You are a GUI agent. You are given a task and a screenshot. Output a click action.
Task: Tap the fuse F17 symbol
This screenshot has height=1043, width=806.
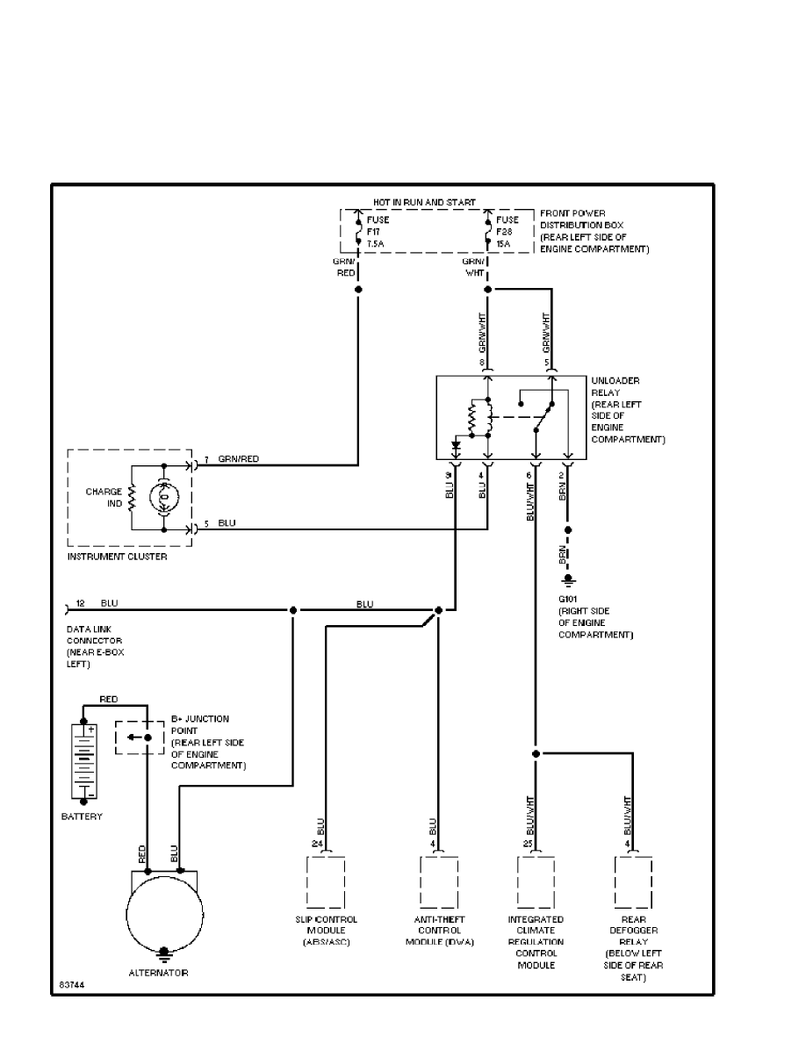[358, 233]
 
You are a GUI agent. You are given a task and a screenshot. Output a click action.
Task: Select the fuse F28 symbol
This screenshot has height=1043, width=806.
[487, 233]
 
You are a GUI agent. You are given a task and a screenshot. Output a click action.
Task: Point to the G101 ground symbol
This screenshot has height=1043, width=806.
[567, 580]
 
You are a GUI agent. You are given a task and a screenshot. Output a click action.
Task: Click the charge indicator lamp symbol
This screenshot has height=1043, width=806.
[164, 498]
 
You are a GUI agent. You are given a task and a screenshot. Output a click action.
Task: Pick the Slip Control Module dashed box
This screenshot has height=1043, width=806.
[325, 883]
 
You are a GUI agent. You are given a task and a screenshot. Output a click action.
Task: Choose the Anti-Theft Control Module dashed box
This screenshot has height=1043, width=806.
[438, 883]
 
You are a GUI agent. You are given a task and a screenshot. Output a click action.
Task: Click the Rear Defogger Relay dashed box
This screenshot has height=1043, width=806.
[633, 883]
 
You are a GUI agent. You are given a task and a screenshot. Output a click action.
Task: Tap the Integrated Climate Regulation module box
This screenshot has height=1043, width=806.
[536, 883]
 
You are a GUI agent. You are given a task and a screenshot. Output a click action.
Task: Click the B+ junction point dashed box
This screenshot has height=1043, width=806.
[139, 737]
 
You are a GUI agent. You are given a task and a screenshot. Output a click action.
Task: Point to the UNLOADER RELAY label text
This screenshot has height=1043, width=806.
[615, 386]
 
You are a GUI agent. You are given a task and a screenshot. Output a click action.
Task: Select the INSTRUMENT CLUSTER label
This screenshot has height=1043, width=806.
[117, 557]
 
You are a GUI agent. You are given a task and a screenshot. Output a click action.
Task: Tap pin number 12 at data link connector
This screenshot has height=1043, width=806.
[80, 603]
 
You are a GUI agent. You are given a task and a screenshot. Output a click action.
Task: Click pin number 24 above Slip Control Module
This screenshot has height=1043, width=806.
[317, 844]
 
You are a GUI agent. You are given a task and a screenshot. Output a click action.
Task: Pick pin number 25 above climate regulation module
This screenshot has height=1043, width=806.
[527, 844]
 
